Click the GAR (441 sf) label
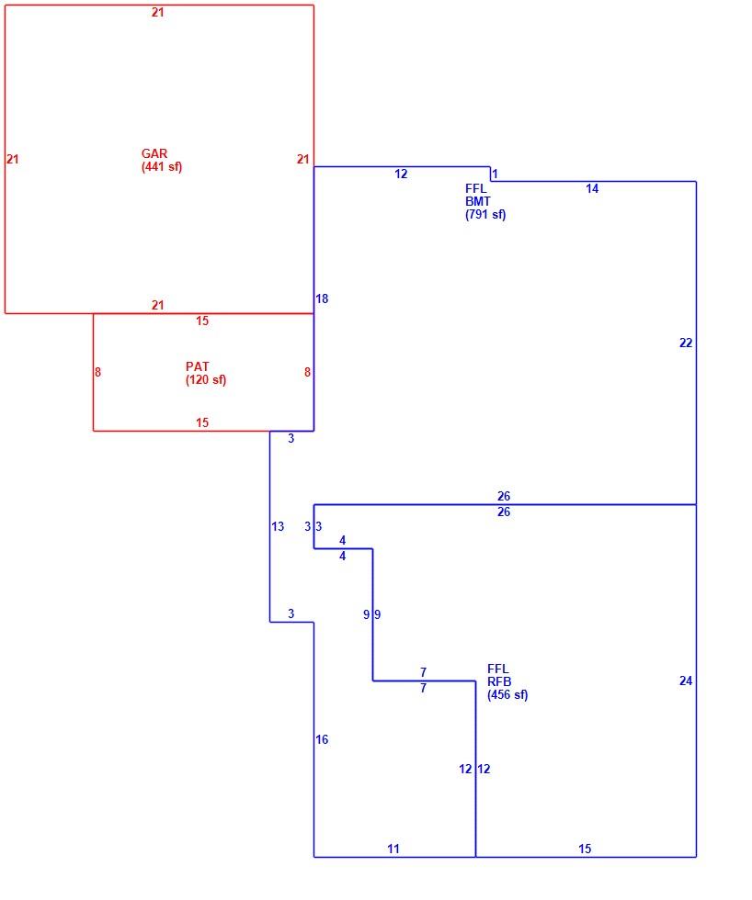coord(162,160)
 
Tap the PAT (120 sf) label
coord(206,373)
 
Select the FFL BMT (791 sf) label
coord(485,201)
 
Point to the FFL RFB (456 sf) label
coord(507,681)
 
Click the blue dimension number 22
coord(686,343)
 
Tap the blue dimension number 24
coord(686,681)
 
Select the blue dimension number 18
coord(322,298)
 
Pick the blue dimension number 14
coord(592,188)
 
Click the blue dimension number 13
coord(278,526)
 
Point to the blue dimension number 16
coord(322,739)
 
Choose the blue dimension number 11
coord(393,849)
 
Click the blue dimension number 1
coord(496,174)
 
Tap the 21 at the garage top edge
coord(158,12)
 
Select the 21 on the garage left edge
coord(13,159)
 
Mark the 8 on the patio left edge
coord(97,372)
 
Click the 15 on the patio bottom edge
coord(202,422)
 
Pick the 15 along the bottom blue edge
coord(585,849)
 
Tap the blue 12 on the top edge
coord(401,174)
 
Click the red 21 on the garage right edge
coord(303,159)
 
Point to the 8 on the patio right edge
coord(307,372)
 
